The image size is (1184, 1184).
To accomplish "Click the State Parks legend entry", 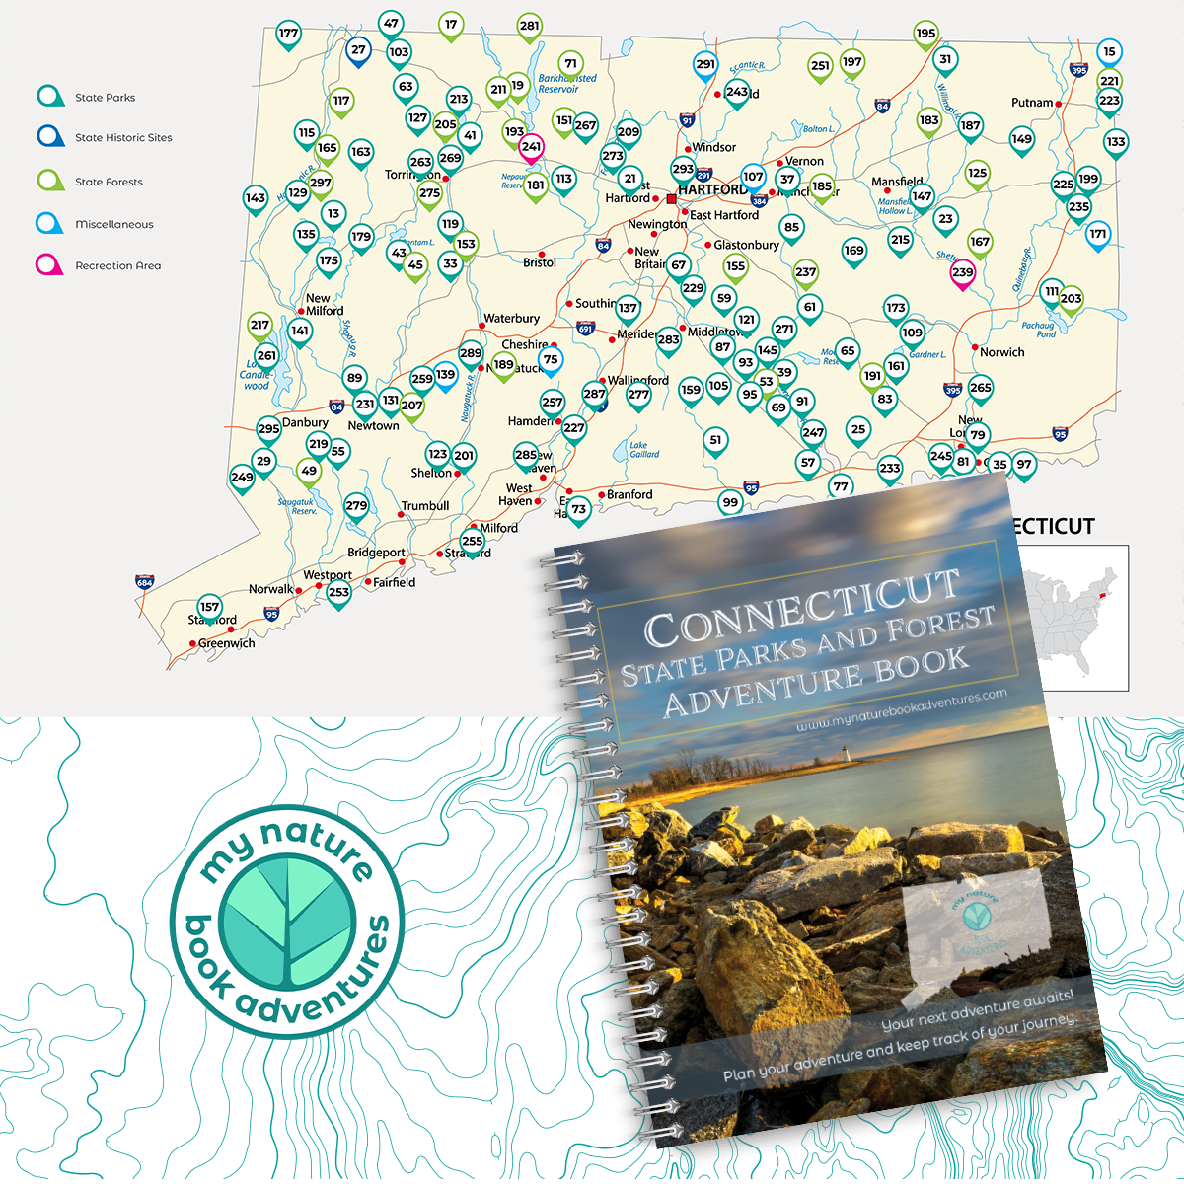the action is coord(105,98).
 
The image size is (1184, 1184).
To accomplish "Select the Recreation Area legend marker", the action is coord(49,265).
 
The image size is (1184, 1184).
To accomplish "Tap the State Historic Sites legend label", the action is coord(123,138).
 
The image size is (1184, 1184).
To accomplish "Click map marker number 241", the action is coord(531,148).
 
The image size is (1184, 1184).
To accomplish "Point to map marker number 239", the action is coord(962,273).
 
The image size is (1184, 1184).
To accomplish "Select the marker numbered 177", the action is coord(288,34).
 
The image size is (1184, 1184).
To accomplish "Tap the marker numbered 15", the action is coord(1109,52).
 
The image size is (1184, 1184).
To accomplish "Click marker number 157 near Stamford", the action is coord(209,608).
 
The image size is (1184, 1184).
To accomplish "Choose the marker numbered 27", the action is coord(358,50).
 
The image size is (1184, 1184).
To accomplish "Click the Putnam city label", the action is coord(1032,103).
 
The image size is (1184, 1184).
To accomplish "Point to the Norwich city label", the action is coord(1001,352).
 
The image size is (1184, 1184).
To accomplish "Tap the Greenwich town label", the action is coord(226,643).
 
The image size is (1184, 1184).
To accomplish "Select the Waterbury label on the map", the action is coord(511,319).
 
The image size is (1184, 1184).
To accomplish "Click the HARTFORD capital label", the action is coord(712,189).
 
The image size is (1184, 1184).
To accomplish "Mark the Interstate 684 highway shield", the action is coord(145,582).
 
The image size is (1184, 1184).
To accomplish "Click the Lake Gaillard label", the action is coord(644,450).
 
